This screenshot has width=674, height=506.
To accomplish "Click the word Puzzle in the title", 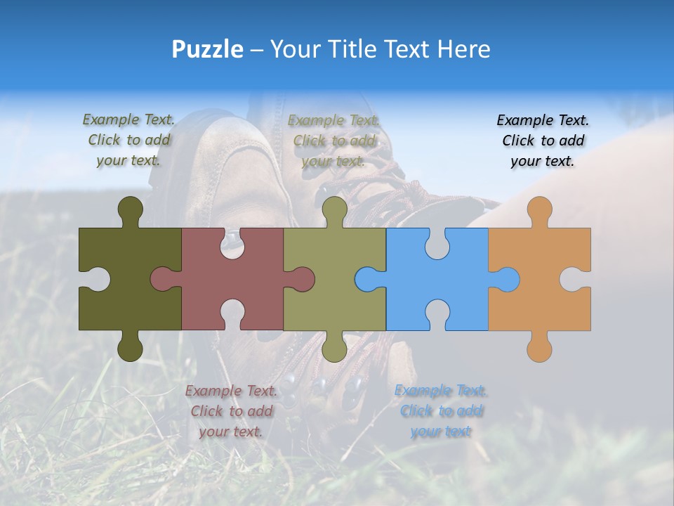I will (208, 49).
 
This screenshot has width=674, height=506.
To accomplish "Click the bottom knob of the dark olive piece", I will (130, 346).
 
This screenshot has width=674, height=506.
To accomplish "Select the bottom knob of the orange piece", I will (539, 346).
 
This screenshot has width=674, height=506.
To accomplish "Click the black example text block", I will (543, 141).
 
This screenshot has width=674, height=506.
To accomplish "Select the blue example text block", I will (441, 410).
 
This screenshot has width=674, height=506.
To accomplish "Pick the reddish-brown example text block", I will (231, 410).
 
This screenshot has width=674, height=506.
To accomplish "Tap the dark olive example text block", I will (128, 140).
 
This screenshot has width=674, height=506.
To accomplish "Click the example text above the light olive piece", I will (333, 141).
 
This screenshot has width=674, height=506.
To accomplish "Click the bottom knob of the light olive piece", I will (334, 346).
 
